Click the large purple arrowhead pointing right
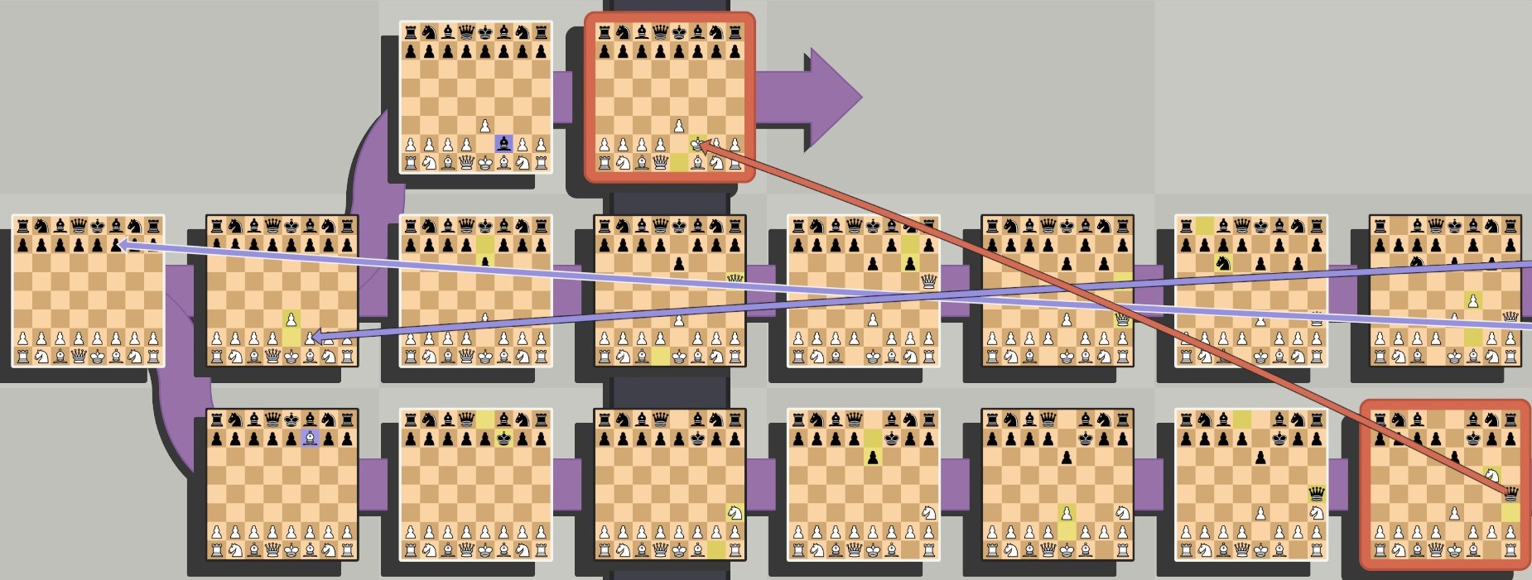coord(828,98)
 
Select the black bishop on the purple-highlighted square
coord(503,143)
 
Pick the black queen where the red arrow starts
coord(1511,494)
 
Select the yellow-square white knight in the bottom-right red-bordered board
coord(1492,475)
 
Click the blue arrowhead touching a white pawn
coord(316,337)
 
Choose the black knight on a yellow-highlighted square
coord(1221,263)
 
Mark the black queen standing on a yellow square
coord(1316,494)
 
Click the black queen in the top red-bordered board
coord(660,33)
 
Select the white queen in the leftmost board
coord(79,357)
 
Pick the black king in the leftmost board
coord(97,225)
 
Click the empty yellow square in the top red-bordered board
coord(679,163)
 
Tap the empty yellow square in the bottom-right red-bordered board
coord(1511,513)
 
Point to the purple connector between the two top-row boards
coord(562,98)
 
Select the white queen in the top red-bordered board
coord(660,163)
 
